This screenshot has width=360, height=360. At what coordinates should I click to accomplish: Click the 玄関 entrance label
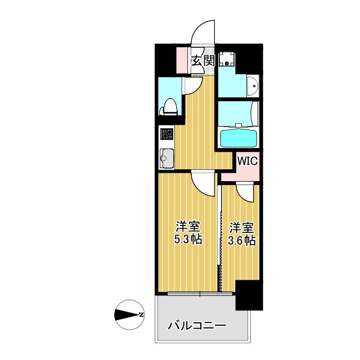point(203,61)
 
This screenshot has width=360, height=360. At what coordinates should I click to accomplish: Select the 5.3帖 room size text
point(188,233)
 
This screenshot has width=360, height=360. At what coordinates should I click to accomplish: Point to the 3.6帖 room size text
point(242,234)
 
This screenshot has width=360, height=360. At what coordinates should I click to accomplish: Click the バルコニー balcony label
point(197,326)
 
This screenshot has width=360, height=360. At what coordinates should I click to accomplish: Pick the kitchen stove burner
point(167,134)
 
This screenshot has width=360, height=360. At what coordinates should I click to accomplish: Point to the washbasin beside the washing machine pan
point(253,86)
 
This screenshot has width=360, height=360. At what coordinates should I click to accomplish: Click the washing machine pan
point(227,60)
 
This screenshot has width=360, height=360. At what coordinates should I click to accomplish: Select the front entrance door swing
point(202,33)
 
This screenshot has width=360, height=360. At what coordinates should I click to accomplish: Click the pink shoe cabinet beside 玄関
point(183,61)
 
